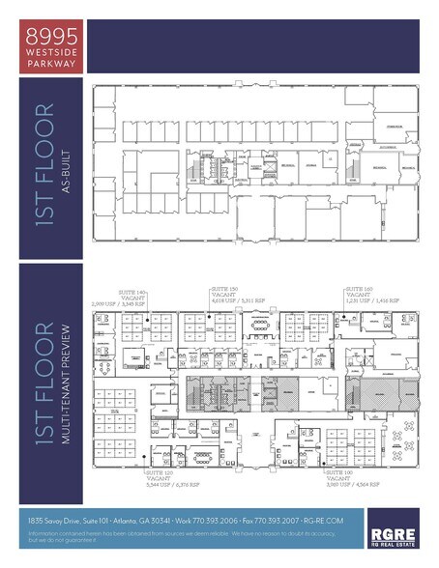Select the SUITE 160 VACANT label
pyautogui.click(x=359, y=292)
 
